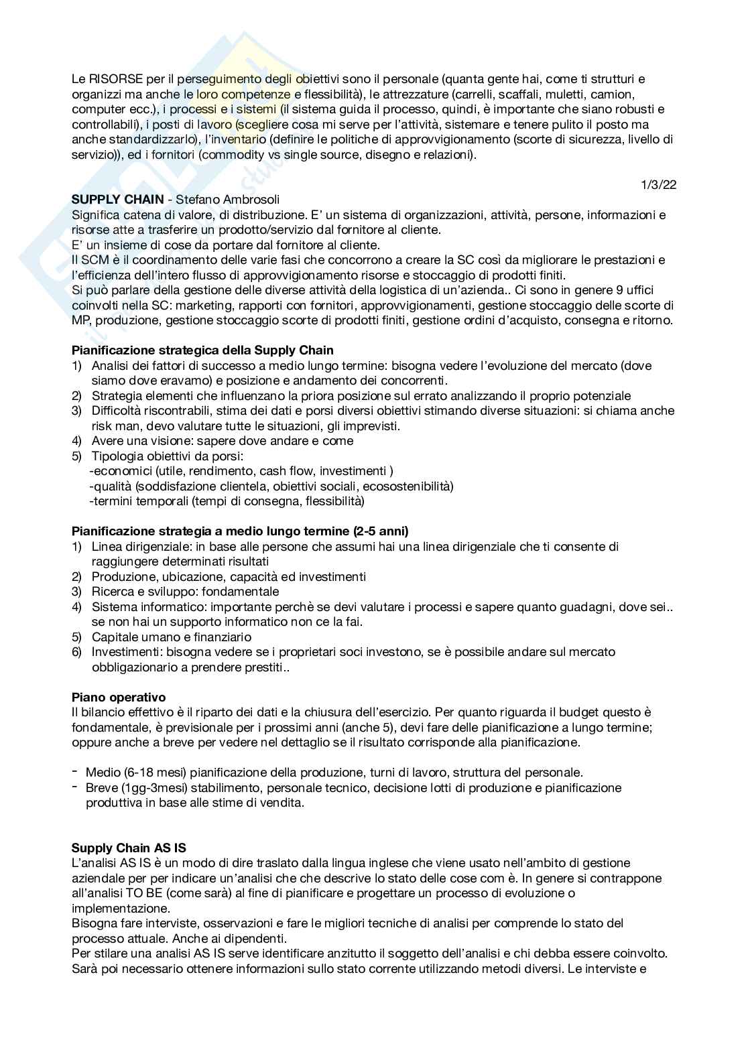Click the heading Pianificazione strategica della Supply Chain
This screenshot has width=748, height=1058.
click(x=202, y=350)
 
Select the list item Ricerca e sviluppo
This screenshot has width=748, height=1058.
click(x=185, y=592)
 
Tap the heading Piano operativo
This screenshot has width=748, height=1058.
click(x=119, y=698)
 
